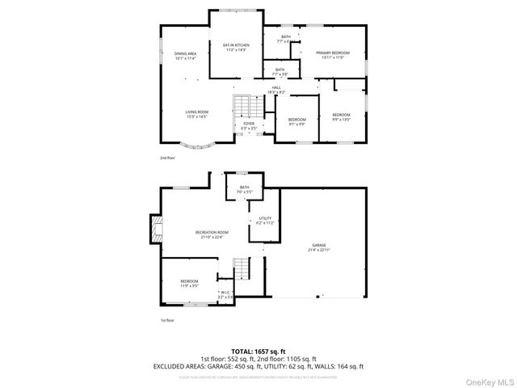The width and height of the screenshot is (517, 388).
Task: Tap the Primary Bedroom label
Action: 332,54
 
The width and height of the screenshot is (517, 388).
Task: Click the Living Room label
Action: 196,114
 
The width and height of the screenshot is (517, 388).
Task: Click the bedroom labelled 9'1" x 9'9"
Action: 296,121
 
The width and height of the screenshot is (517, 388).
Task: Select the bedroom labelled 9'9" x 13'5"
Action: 340,116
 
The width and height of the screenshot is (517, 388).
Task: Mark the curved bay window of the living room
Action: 196,148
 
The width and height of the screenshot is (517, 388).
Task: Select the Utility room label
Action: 266,220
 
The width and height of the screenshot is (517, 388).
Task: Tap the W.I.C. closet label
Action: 225,295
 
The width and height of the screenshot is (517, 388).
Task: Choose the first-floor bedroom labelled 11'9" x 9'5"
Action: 189,283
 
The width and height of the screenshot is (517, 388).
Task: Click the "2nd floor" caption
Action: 167,158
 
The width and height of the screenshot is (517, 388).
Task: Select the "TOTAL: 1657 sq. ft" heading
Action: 258,351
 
